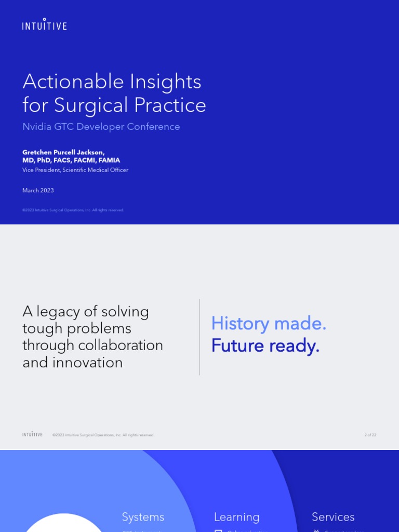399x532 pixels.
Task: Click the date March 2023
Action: coord(38,191)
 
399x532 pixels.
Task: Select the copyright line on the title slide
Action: coord(73,210)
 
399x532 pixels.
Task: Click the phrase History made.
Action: coord(269,324)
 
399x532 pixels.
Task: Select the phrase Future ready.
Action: coord(265,346)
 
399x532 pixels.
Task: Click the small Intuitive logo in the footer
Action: coord(32,434)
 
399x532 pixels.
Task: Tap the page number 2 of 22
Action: coord(370,435)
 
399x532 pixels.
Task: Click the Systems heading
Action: coord(143,517)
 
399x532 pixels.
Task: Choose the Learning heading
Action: coord(236,517)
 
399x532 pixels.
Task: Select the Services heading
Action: coord(333,517)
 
